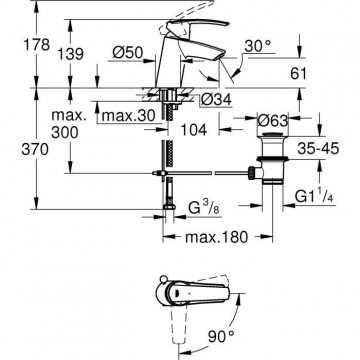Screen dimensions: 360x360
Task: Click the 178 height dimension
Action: pyautogui.click(x=37, y=45)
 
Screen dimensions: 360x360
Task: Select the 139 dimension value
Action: pyautogui.click(x=71, y=54)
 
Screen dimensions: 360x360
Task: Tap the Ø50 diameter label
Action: pyautogui.click(x=128, y=53)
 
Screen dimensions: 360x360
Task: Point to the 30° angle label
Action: pyautogui.click(x=258, y=46)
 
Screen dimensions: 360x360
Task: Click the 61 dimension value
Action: pyautogui.click(x=298, y=74)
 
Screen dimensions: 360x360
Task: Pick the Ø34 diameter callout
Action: pyautogui.click(x=217, y=100)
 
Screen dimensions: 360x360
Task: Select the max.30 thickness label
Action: pyautogui.click(x=129, y=116)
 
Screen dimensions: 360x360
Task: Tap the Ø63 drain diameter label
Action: pyautogui.click(x=273, y=120)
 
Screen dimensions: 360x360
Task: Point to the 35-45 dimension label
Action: pyautogui.click(x=318, y=148)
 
